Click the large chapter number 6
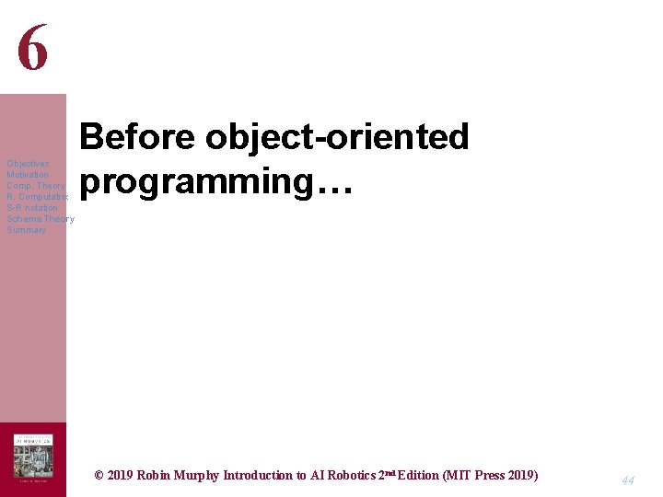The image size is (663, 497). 32,47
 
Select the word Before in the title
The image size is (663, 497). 138,137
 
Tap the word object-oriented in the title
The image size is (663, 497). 338,137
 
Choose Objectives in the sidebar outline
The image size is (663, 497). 28,164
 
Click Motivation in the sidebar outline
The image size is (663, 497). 28,175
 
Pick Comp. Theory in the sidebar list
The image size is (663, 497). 36,186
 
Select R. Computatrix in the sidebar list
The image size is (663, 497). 37,197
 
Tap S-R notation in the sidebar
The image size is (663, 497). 32,208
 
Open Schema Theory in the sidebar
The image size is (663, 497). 41,219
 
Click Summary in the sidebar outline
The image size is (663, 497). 27,230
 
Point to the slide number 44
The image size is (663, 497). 628,480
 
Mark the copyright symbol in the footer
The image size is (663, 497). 99,476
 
